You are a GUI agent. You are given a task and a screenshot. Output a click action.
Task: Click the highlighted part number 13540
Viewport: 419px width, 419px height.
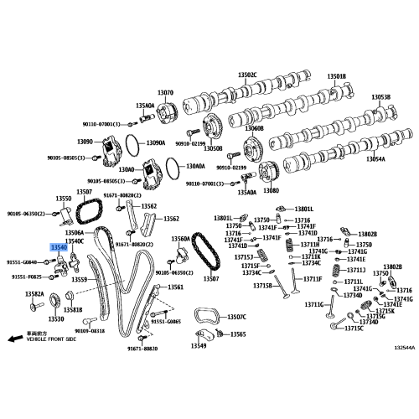click(x=59, y=249)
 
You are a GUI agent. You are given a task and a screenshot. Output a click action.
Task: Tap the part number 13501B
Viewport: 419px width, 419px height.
click(x=335, y=75)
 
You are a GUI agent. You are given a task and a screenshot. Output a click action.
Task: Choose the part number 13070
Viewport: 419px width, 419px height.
click(x=164, y=93)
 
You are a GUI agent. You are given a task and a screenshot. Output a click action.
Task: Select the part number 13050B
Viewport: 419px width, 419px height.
click(x=214, y=148)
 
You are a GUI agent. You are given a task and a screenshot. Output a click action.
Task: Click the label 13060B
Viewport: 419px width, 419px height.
click(x=253, y=129)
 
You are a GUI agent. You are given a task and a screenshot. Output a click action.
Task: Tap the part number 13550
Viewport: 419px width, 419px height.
click(x=64, y=199)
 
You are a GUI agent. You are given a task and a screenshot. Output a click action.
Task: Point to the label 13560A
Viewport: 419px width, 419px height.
click(x=181, y=239)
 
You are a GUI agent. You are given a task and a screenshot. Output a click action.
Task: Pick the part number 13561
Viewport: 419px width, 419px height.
click(x=175, y=287)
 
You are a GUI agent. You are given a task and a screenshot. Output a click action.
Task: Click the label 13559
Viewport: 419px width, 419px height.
click(x=80, y=278)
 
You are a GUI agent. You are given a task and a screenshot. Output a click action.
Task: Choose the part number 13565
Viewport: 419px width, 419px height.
click(x=238, y=334)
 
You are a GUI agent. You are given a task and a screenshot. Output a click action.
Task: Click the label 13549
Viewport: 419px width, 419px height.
click(x=198, y=346)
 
